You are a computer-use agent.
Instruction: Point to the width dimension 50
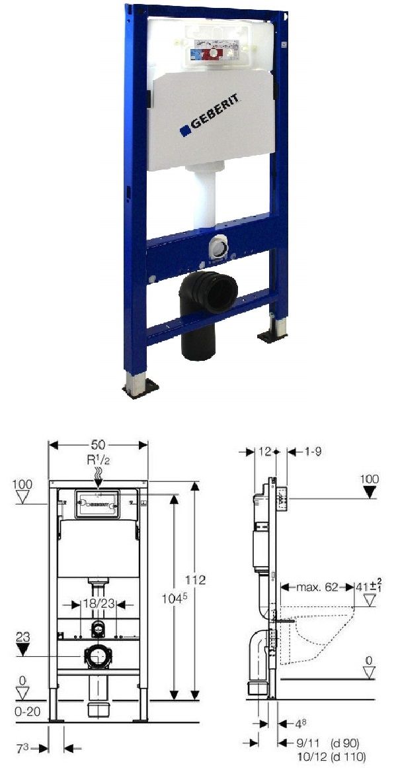click(x=98, y=444)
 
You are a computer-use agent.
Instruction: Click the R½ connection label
click(x=98, y=459)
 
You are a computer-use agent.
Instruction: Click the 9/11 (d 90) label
click(x=321, y=743)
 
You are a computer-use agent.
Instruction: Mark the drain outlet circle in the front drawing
click(x=98, y=657)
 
